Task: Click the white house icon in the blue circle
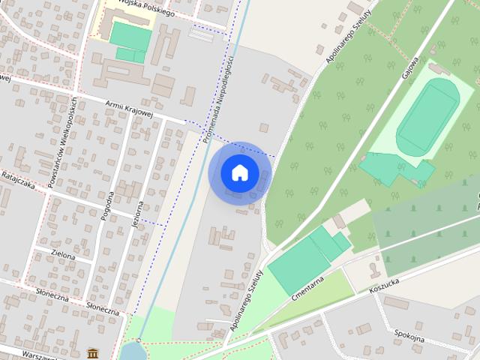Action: coord(240,173)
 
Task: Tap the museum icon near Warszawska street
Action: coord(92,352)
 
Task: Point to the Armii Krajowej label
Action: coord(130,108)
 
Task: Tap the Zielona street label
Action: coord(63,256)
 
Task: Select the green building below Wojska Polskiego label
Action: coord(130,38)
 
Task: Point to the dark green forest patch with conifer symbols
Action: coord(424,225)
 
